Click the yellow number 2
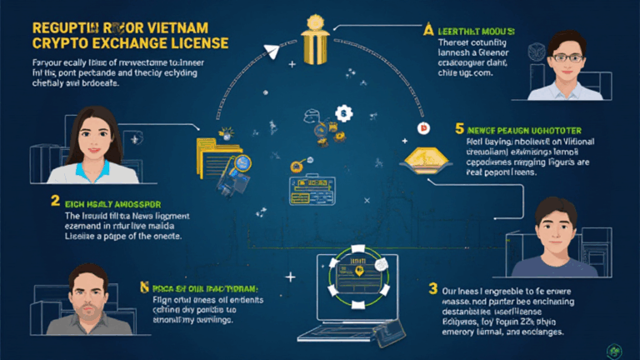[56, 201]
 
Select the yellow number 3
[432, 289]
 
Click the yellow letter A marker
[429, 30]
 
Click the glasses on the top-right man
[567, 55]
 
